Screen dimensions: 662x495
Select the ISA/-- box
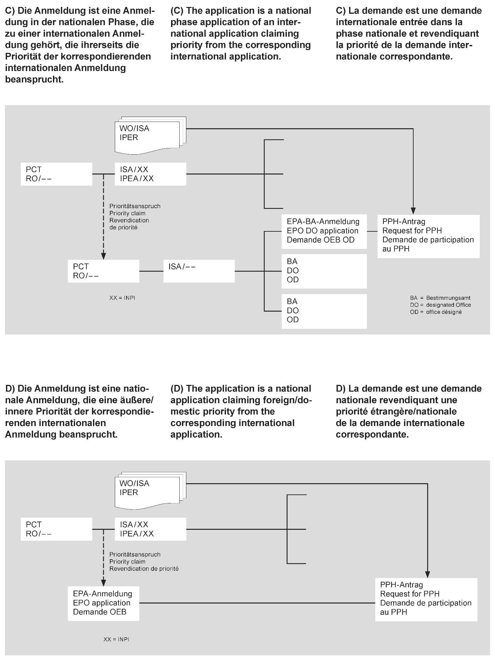click(199, 271)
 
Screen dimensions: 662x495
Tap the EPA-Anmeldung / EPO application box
click(103, 603)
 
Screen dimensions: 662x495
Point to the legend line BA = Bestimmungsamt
click(440, 298)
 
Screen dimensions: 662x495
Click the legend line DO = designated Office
click(440, 305)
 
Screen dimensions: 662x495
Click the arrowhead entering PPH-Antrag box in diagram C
click(413, 211)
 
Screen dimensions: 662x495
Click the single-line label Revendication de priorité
click(144, 569)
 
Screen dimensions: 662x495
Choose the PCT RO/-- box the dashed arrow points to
click(103, 271)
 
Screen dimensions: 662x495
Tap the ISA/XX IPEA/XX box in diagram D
click(150, 529)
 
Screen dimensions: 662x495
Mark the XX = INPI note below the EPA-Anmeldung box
click(116, 639)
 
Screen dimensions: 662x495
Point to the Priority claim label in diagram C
click(127, 213)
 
